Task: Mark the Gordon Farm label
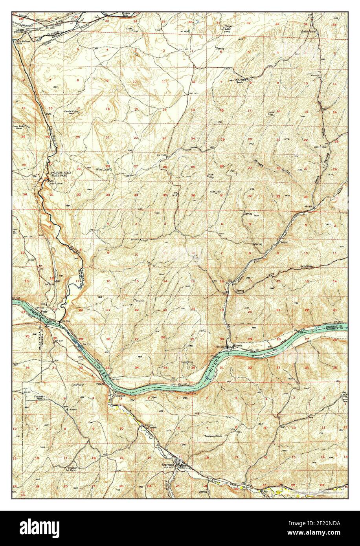pyautogui.click(x=309, y=31)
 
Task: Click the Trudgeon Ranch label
pyautogui.click(x=213, y=436)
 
